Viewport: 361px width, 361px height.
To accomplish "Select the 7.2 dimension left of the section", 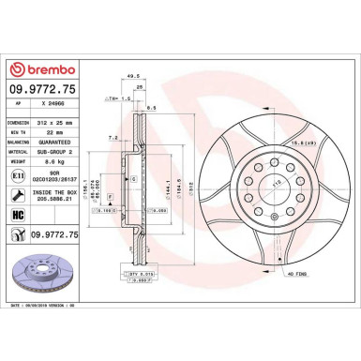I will pyautogui.click(x=112, y=137).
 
